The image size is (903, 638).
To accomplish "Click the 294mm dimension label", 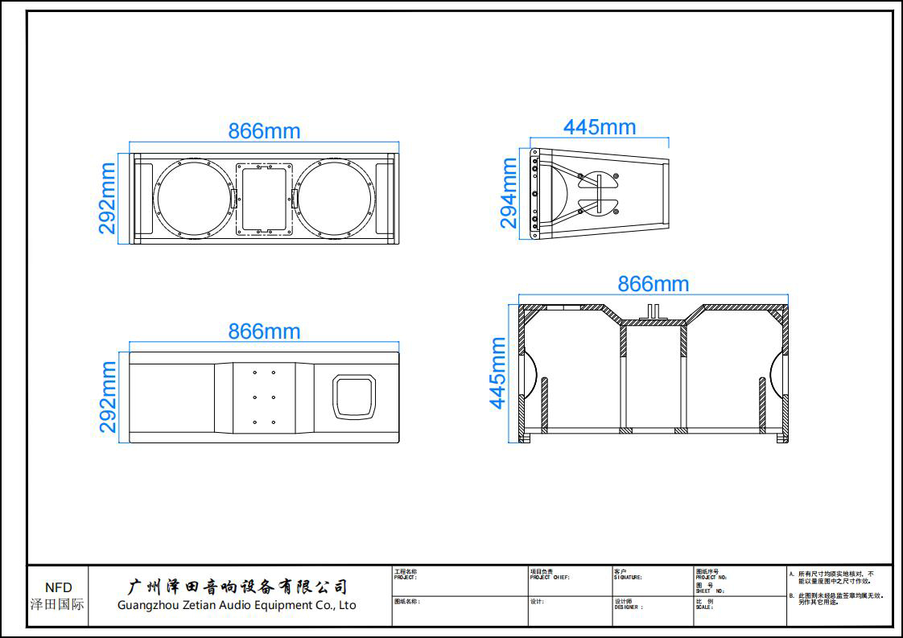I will [509, 193].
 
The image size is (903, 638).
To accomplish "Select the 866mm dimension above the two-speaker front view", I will [264, 131].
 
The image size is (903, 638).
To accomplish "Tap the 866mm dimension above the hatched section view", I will [653, 284].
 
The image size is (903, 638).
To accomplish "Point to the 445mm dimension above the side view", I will [600, 127].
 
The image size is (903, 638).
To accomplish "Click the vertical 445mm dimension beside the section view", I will [498, 373].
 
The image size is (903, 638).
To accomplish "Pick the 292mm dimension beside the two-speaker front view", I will [107, 199].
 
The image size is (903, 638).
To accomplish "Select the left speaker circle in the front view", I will [193, 199].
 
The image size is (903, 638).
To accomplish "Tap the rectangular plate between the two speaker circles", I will [264, 199].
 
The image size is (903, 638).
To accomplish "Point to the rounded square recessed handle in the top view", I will [355, 397].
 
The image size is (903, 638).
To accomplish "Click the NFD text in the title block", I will [58, 588].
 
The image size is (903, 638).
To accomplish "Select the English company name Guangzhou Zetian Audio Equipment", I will [237, 605].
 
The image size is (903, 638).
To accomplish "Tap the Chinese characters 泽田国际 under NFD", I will [57, 604].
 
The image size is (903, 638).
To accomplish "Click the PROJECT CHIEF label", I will [550, 578].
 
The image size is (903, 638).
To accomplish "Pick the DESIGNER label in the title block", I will [629, 607].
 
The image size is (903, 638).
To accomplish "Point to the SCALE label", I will [704, 607].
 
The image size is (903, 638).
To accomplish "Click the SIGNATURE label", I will [628, 578].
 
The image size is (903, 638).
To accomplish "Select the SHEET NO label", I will [710, 591].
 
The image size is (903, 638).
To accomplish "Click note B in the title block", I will [837, 599].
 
